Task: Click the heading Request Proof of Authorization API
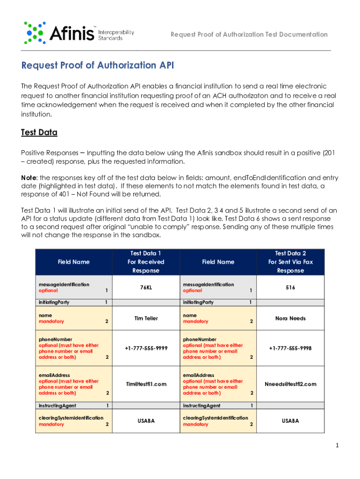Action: pyautogui.click(x=98, y=65)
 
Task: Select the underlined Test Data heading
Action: pyautogui.click(x=39, y=132)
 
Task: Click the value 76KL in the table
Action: pyautogui.click(x=146, y=287)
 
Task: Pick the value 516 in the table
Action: pyautogui.click(x=290, y=287)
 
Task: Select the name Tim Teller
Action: pyautogui.click(x=146, y=319)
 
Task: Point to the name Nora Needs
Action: pyautogui.click(x=290, y=319)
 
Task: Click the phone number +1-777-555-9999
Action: pyautogui.click(x=146, y=348)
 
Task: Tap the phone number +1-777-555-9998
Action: pyautogui.click(x=290, y=348)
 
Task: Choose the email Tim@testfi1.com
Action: pyautogui.click(x=146, y=384)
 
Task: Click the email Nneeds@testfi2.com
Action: pyautogui.click(x=290, y=384)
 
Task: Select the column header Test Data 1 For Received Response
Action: pyautogui.click(x=146, y=262)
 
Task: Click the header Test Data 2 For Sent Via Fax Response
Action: pyautogui.click(x=290, y=262)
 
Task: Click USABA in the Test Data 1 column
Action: pyautogui.click(x=146, y=421)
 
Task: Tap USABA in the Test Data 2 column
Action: pyautogui.click(x=290, y=421)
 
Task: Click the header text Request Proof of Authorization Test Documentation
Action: pyautogui.click(x=249, y=35)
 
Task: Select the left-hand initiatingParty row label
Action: pyautogui.click(x=54, y=302)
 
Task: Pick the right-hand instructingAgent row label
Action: pyautogui.click(x=202, y=406)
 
